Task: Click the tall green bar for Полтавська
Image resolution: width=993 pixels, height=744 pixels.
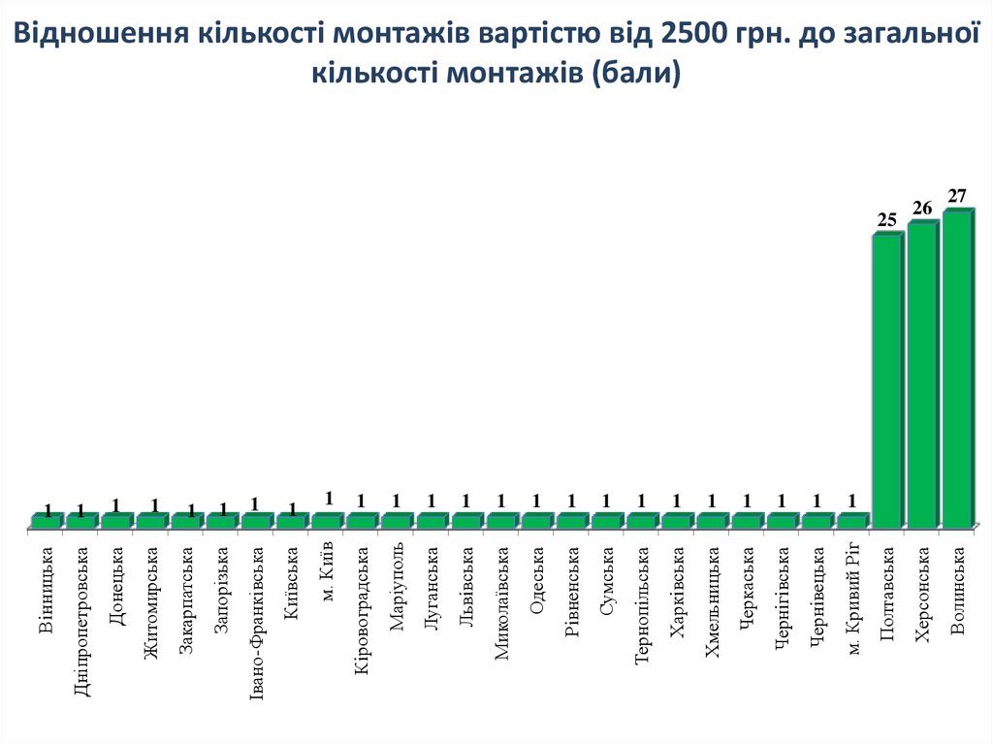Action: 886,380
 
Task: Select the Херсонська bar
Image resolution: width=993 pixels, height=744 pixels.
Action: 921,374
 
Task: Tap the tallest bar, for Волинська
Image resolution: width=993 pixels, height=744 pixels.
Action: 956,369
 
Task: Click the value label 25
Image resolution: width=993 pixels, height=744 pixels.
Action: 886,220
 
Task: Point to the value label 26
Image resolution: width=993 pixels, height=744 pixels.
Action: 921,208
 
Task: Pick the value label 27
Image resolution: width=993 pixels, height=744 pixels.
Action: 957,196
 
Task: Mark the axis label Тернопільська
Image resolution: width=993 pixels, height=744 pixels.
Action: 641,605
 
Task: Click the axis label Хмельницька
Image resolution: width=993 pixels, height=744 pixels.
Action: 712,603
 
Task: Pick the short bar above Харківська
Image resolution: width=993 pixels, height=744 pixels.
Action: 676,521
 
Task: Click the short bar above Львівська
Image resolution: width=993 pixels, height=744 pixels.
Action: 465,521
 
